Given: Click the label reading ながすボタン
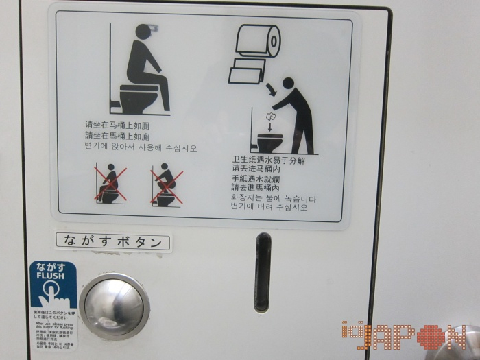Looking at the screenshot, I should (113, 241).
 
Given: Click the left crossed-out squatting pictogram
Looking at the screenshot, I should (108, 184).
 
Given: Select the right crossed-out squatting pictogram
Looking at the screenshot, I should (166, 184).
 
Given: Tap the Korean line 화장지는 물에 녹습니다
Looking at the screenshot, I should (274, 199).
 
